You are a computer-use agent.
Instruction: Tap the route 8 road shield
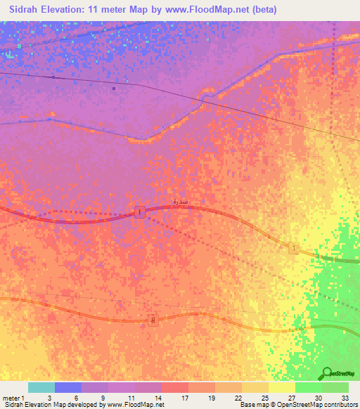153,320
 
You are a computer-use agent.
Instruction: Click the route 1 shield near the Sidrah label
141,212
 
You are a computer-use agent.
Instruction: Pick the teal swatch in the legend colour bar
41,387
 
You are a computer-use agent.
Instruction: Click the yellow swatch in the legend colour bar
282,387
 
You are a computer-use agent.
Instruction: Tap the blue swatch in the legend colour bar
68,387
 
